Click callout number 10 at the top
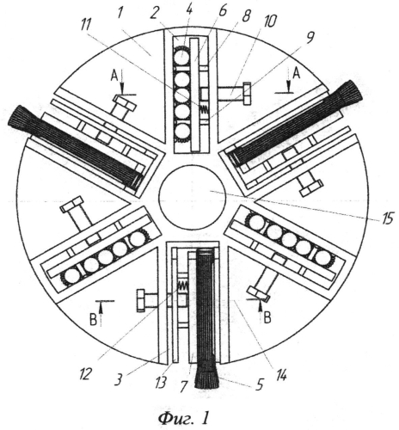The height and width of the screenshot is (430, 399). click(270, 21)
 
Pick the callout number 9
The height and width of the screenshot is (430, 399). click(310, 38)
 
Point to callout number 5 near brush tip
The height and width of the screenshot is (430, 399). click(259, 384)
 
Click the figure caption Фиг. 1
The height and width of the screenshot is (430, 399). click(183, 419)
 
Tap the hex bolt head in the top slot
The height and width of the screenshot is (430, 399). click(247, 94)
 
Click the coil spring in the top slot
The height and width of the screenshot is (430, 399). click(205, 109)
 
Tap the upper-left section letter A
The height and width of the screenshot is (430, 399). click(114, 76)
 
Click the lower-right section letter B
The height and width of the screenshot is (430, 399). click(267, 318)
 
